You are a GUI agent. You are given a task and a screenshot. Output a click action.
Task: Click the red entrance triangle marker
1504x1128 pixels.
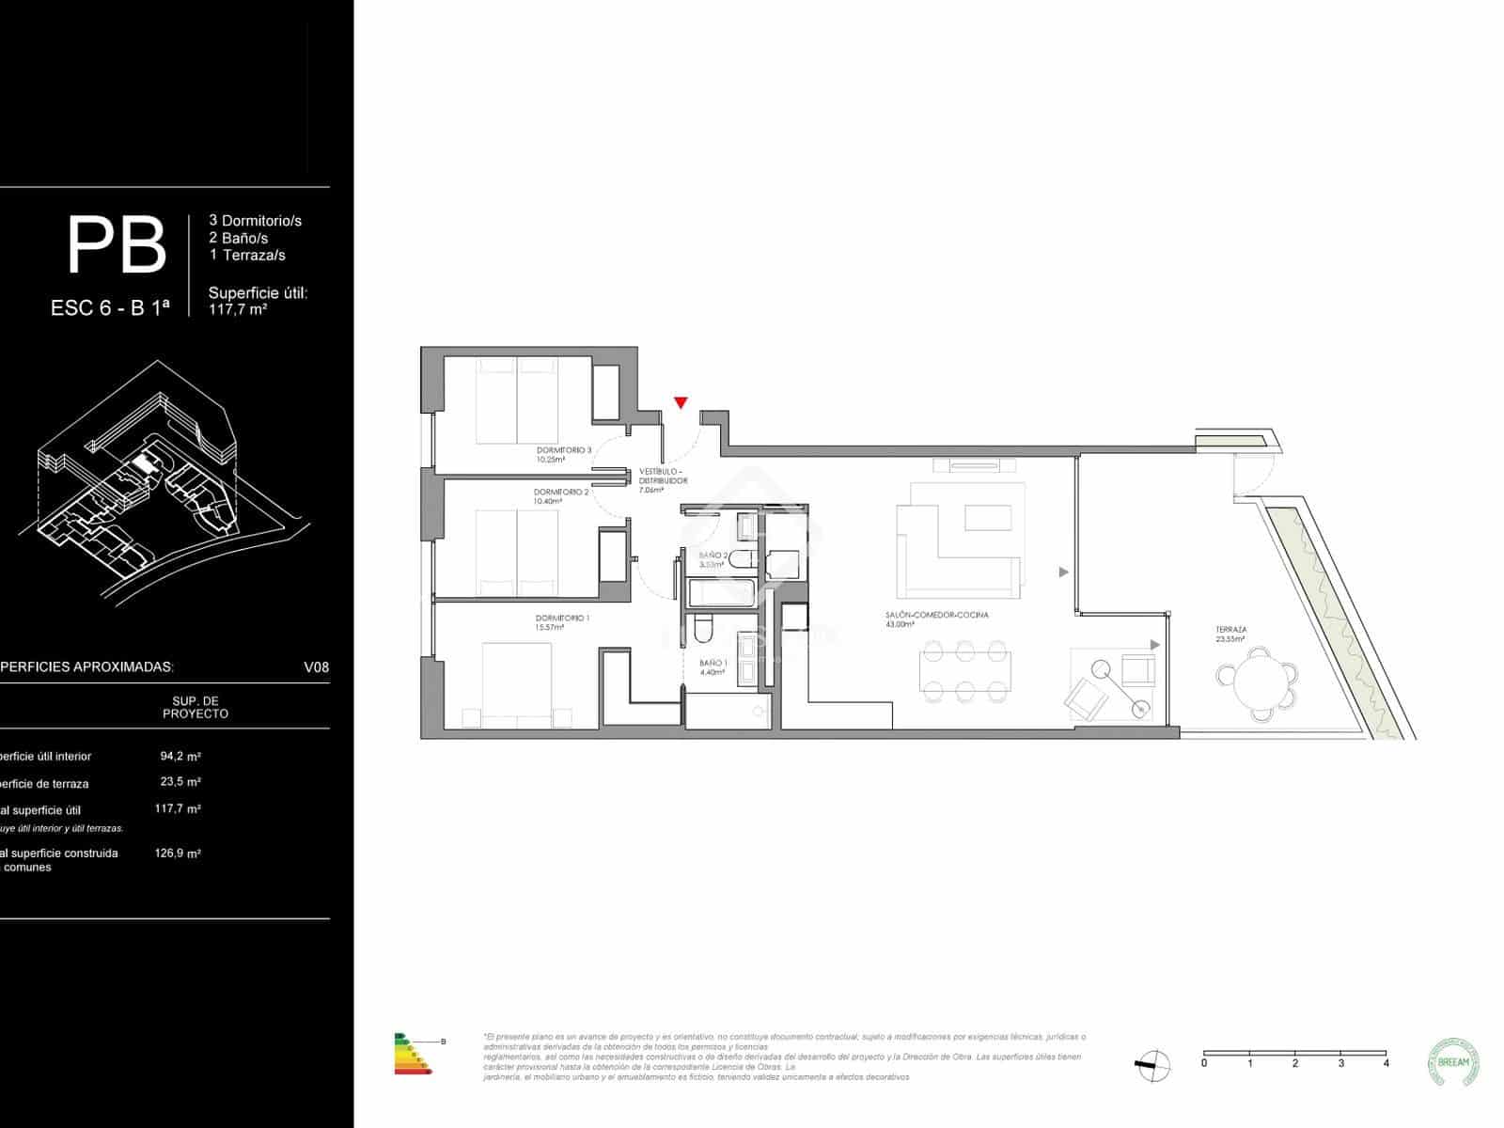coord(681,403)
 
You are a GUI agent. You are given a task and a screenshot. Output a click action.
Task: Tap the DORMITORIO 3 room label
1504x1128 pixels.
coord(564,450)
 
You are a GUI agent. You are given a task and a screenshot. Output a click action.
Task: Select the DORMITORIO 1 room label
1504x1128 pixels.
coord(562,618)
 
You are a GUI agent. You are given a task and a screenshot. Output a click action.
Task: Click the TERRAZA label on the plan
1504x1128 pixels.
coord(1230,630)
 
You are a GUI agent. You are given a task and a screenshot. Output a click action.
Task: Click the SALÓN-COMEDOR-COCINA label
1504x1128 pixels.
coord(936,615)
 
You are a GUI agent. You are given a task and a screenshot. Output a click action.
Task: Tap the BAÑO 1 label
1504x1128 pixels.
coord(713,663)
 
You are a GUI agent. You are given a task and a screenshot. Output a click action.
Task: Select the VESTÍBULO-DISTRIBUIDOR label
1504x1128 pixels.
coord(663,476)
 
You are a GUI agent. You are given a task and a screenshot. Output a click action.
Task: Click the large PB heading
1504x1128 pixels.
coord(117,245)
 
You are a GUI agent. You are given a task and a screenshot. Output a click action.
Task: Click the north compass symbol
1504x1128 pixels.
coord(1153,1063)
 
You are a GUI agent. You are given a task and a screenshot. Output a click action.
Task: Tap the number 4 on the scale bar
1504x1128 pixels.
coord(1386,1063)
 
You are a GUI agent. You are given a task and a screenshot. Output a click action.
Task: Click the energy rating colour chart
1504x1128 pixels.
coord(412,1053)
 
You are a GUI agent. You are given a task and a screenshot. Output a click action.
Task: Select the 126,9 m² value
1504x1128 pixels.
coord(178,854)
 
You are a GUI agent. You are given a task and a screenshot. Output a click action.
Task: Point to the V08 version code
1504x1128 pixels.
coord(316,667)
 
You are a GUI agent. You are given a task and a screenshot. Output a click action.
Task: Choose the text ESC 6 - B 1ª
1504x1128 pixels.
coord(110,307)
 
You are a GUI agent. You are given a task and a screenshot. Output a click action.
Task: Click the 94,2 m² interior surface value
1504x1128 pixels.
coord(180,756)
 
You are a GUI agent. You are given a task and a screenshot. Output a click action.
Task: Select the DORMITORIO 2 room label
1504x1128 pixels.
coord(561,493)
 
